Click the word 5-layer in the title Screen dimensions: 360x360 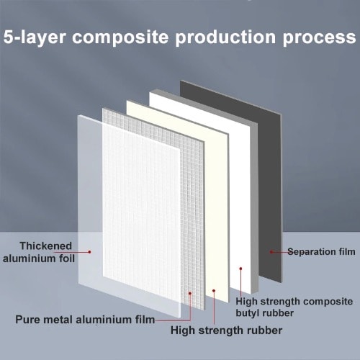(x=35, y=37)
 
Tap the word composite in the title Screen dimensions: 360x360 (x=120, y=37)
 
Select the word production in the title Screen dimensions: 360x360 (x=225, y=37)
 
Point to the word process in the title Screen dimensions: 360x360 (x=320, y=38)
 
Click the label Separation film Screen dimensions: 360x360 (x=321, y=251)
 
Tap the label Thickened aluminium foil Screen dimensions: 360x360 (x=38, y=252)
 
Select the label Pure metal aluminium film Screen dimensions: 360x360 (x=85, y=320)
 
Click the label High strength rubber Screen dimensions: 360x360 (x=226, y=330)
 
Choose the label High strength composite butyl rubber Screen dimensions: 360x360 (x=294, y=307)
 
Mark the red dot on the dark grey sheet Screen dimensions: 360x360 (x=271, y=252)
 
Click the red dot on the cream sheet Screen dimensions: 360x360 (x=214, y=291)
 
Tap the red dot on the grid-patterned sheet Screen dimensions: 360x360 (x=190, y=293)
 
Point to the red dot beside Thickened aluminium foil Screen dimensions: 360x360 (x=89, y=252)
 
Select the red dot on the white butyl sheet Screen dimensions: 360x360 (x=240, y=269)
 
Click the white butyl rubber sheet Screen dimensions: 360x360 (x=243, y=216)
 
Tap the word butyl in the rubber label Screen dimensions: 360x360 (x=247, y=313)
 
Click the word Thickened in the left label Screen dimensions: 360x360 (x=46, y=246)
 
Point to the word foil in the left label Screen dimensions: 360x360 (x=67, y=258)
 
